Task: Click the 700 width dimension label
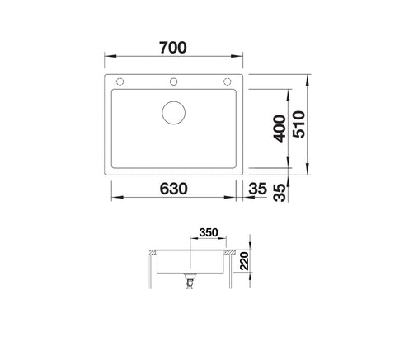(175, 47)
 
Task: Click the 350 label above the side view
(208, 233)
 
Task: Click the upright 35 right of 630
(256, 189)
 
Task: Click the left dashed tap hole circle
(120, 82)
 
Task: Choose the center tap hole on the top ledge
(175, 82)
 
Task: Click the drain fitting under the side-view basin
(191, 283)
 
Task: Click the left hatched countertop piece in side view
(154, 250)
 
